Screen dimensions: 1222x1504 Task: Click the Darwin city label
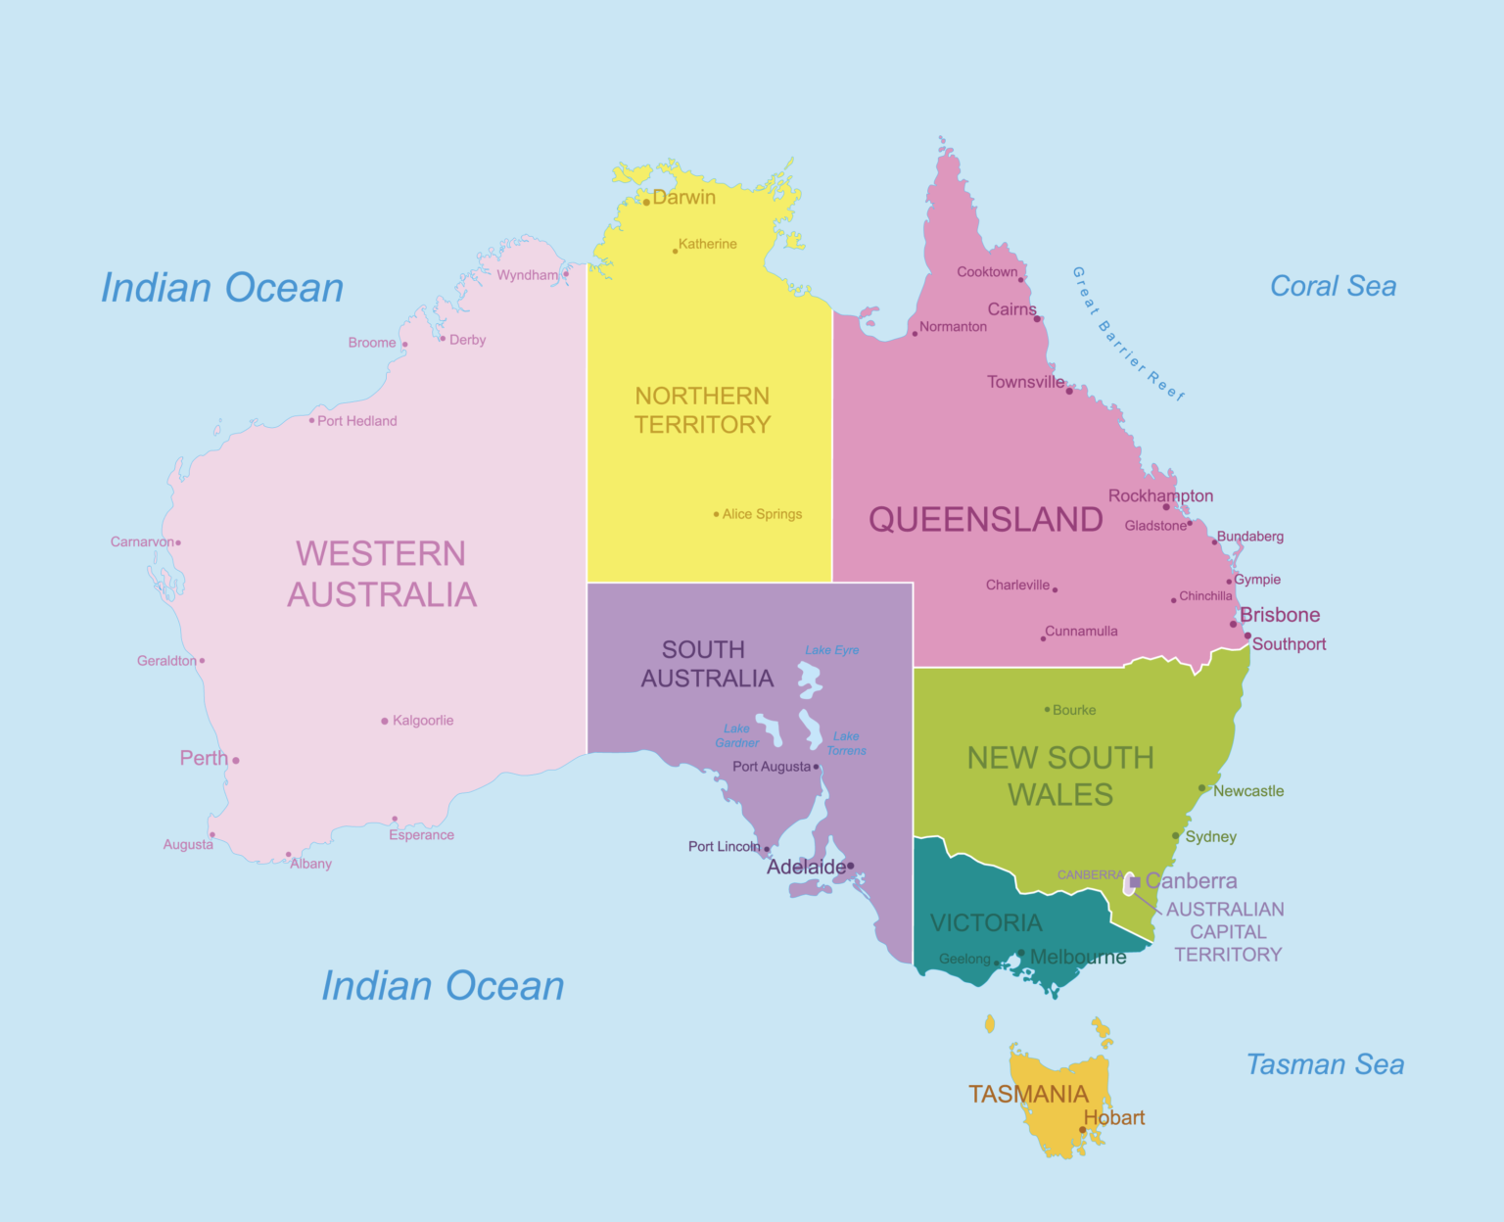coord(683,197)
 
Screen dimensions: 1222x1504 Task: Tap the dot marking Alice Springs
coord(716,514)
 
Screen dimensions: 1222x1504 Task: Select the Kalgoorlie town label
coord(423,721)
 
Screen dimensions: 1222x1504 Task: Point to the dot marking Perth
coord(236,760)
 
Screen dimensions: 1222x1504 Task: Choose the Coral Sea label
coord(1333,286)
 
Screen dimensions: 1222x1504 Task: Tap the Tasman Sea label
coord(1325,1064)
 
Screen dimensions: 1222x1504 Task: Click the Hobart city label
coord(1114,1117)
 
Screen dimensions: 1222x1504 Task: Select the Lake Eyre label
coord(831,650)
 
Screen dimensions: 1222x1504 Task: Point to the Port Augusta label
coord(772,767)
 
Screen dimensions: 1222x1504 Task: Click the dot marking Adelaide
coord(850,866)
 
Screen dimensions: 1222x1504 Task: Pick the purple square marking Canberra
coord(1134,882)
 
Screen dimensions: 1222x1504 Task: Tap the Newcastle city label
coord(1248,791)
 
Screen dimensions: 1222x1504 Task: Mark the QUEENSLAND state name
coord(985,519)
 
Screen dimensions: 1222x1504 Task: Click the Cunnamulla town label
coord(1081,632)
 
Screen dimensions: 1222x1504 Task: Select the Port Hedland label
coord(356,421)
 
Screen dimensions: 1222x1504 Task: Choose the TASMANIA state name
coord(1028,1094)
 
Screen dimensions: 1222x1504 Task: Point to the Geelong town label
coord(964,959)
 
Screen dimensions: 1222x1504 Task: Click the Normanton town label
coord(953,327)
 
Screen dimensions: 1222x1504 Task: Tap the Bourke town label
coord(1074,710)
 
